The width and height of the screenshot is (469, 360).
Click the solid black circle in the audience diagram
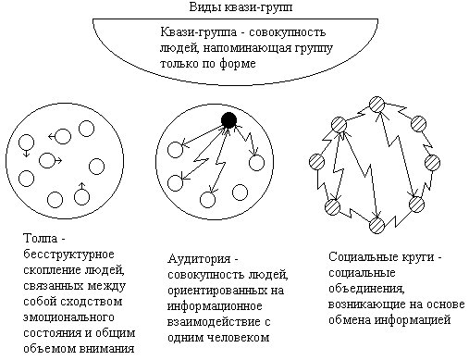228,120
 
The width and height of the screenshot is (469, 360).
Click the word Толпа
41,238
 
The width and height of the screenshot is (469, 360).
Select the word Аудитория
199,258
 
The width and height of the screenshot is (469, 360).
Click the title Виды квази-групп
241,6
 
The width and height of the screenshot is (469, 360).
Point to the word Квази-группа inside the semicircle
198,32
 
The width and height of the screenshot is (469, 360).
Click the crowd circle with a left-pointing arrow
63,136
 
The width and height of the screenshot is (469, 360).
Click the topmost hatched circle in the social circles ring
376,105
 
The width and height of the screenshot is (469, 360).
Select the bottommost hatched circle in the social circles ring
376,226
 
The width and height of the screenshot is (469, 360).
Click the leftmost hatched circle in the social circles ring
316,162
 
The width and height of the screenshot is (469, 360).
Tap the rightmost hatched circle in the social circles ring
432,163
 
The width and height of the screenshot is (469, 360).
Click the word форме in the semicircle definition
238,64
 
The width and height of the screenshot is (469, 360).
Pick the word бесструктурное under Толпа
68,254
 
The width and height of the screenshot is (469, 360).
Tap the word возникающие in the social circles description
366,304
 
